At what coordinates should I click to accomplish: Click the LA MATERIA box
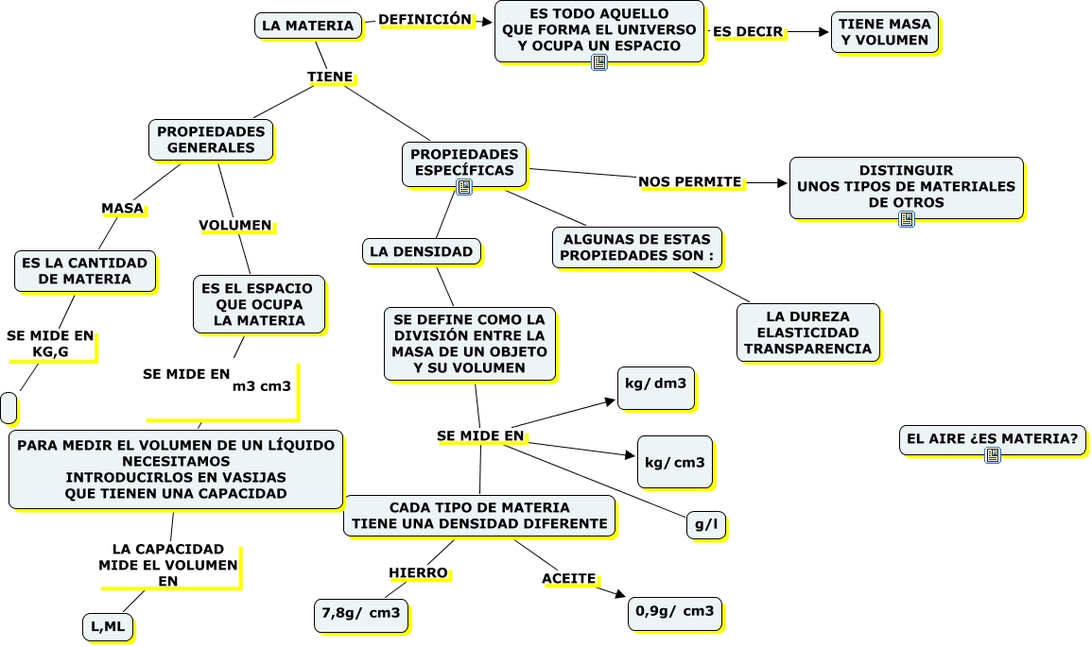pyautogui.click(x=307, y=26)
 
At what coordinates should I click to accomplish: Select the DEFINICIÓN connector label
pyautogui.click(x=425, y=19)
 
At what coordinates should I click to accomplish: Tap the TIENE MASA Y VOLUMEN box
pyautogui.click(x=885, y=32)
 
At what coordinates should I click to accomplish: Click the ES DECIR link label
pyautogui.click(x=748, y=31)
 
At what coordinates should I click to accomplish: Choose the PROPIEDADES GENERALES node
pyautogui.click(x=211, y=140)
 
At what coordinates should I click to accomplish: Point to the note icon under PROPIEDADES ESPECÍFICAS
pyautogui.click(x=464, y=187)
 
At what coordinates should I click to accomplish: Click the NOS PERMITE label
pyautogui.click(x=689, y=181)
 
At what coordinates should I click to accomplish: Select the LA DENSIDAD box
pyautogui.click(x=421, y=251)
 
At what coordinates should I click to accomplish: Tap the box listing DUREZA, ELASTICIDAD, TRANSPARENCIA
pyautogui.click(x=807, y=332)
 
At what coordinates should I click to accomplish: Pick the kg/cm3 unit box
pyautogui.click(x=674, y=462)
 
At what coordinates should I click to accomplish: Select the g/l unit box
pyautogui.click(x=705, y=526)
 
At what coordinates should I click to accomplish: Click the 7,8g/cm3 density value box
pyautogui.click(x=360, y=614)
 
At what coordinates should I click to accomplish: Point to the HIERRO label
pyautogui.click(x=418, y=572)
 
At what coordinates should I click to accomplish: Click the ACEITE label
pyautogui.click(x=568, y=578)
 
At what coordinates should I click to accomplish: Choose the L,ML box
pyautogui.click(x=108, y=626)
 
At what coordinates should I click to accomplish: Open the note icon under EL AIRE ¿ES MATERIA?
pyautogui.click(x=992, y=455)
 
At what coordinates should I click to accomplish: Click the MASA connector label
pyautogui.click(x=122, y=208)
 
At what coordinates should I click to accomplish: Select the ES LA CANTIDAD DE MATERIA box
pyautogui.click(x=84, y=271)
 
